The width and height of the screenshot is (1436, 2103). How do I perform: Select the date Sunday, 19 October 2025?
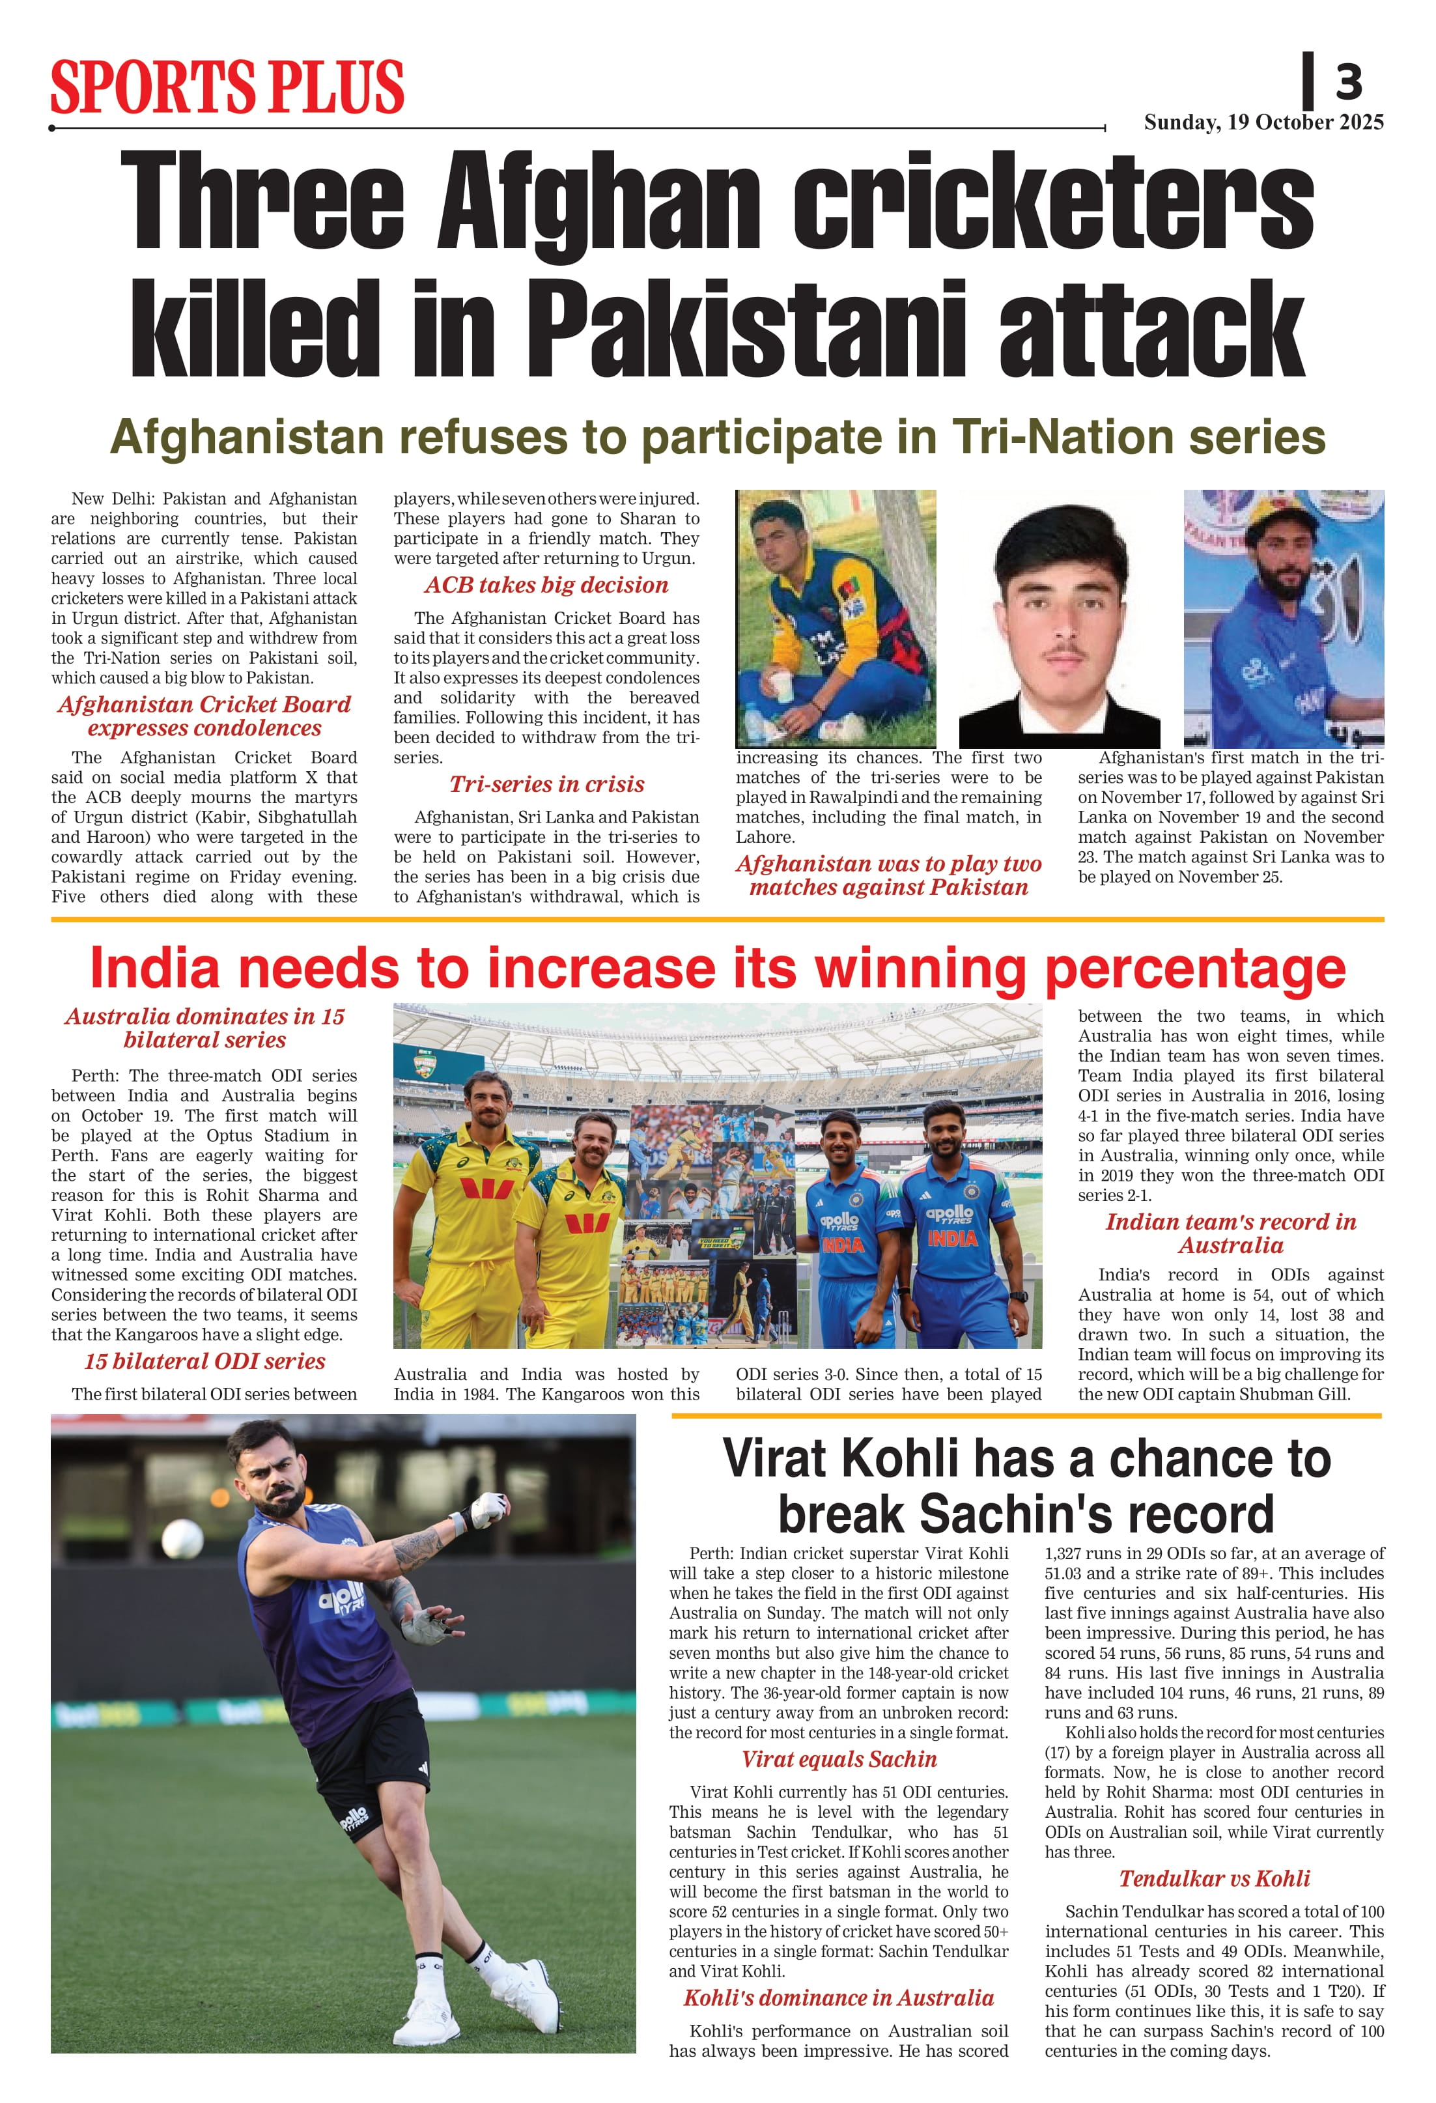point(1263,122)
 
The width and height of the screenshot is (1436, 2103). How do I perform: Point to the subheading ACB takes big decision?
point(546,586)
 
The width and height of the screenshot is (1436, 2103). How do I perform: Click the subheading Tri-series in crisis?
point(546,785)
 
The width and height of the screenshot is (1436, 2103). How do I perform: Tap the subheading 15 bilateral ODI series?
point(204,1362)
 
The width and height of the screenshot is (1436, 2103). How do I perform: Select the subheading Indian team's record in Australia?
point(1231,1234)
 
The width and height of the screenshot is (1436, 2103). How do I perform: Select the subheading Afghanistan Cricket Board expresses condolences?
point(204,716)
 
